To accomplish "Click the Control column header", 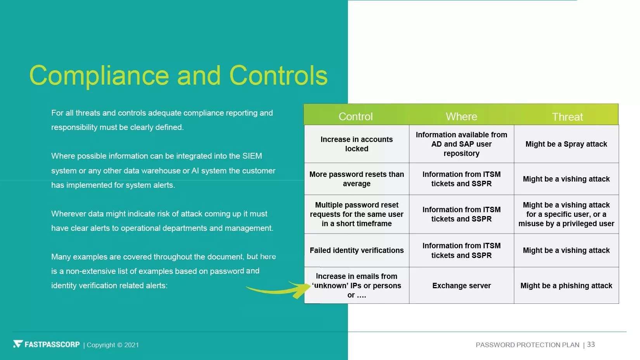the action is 355,116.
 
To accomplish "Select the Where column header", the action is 462,116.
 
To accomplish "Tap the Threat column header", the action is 567,117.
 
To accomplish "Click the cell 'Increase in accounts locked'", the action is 356,144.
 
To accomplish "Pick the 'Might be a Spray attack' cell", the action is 566,144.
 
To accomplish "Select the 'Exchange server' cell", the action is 462,286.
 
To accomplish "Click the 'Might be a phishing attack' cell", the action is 566,286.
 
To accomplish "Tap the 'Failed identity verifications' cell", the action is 356,250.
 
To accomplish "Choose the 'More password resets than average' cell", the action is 356,179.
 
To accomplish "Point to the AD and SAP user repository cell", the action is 462,144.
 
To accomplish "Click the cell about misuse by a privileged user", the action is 566,214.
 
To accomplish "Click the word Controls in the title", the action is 278,75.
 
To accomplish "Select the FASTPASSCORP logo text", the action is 52,344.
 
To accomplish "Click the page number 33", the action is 591,344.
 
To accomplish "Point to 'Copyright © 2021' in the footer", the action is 112,345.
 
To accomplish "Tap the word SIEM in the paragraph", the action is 252,156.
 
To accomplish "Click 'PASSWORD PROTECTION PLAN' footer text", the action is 528,345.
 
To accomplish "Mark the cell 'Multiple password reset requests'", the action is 356,214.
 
